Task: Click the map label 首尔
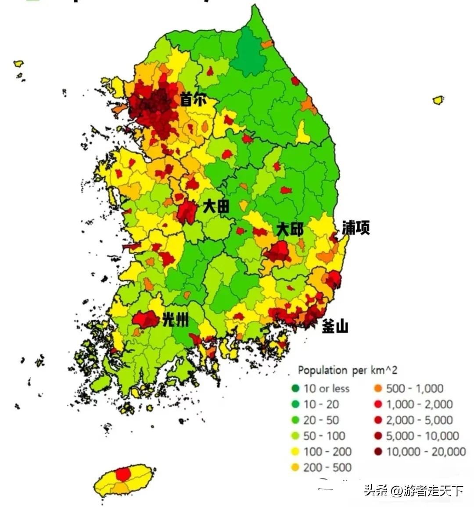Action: point(193,100)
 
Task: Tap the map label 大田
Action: point(216,206)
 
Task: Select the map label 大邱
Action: point(290,229)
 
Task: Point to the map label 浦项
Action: point(355,227)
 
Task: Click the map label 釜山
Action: point(335,326)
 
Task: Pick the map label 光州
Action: point(175,320)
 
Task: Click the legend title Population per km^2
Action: point(347,370)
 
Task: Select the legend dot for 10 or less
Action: point(295,389)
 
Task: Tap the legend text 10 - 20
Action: point(321,404)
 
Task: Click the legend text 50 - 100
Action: point(324,436)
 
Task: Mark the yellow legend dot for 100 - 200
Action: point(295,452)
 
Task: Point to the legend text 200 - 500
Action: point(327,468)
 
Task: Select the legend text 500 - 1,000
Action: point(415,389)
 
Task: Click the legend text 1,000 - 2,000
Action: point(419,404)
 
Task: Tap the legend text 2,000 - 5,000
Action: point(419,420)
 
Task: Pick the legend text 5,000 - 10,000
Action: point(422,436)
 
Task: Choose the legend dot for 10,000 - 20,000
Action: point(378,452)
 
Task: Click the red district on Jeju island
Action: point(123,474)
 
